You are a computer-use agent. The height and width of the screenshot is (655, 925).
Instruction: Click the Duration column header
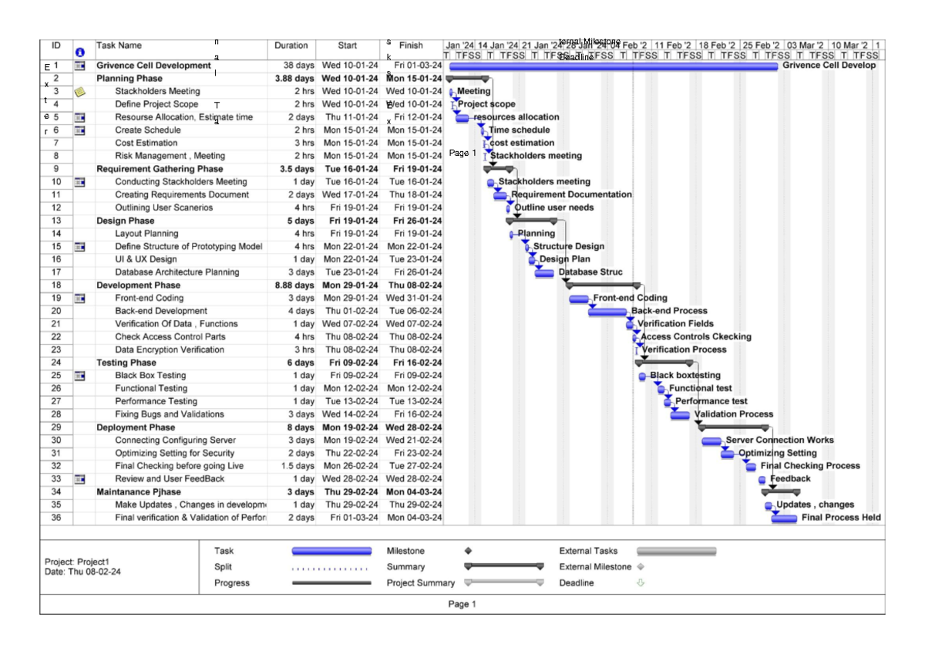[291, 46]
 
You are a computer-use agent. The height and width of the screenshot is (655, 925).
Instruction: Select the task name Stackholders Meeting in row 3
[157, 91]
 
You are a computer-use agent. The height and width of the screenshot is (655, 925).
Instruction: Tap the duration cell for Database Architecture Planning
[301, 272]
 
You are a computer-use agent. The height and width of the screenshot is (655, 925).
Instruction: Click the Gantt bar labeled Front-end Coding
[579, 299]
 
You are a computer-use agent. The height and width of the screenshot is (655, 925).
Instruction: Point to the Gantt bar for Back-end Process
[607, 312]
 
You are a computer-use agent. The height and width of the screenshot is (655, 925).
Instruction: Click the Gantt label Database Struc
[590, 272]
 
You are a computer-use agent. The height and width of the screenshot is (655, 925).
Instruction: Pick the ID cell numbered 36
[56, 518]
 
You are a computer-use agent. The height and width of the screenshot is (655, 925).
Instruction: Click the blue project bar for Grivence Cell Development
[613, 66]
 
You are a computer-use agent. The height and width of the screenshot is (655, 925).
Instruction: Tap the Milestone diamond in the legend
[468, 551]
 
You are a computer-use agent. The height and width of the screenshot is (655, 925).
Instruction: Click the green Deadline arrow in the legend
[640, 583]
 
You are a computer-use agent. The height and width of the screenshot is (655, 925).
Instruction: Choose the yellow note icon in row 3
[80, 92]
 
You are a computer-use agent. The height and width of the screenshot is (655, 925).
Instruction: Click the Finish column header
[411, 46]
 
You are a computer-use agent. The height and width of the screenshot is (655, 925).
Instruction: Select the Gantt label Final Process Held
[841, 518]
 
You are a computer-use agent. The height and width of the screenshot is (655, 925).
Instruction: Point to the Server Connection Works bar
[711, 441]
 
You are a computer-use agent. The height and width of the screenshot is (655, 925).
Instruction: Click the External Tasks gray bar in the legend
[676, 551]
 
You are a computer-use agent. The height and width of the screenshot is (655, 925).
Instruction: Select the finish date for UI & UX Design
[415, 259]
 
